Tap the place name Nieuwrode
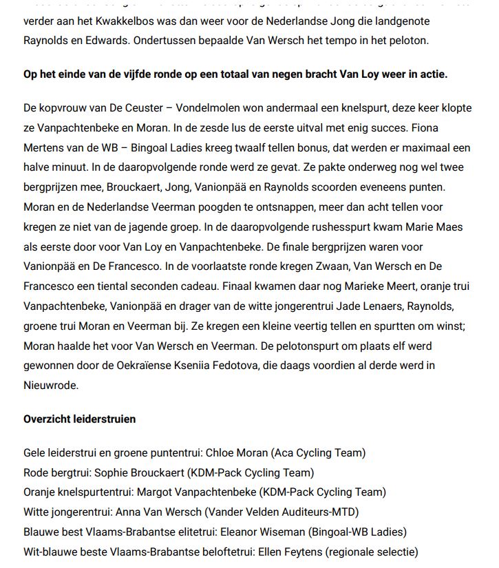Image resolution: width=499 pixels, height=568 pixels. coord(51,386)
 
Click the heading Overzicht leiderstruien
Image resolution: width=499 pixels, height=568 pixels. coord(80,419)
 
